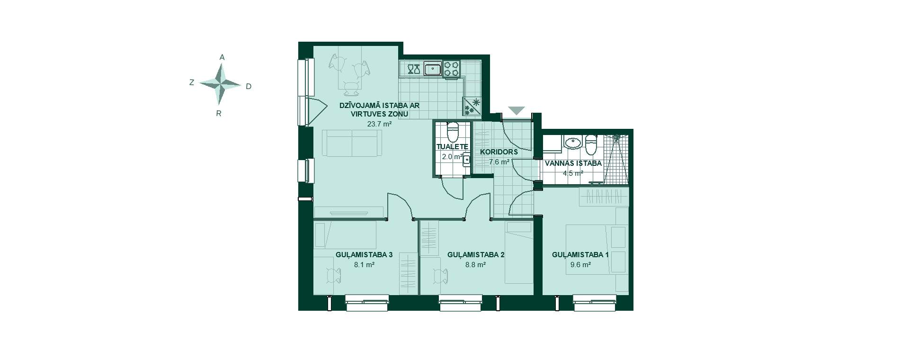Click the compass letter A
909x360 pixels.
click(222, 57)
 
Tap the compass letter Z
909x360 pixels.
click(192, 82)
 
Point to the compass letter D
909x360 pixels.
click(249, 86)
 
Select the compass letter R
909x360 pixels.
click(219, 114)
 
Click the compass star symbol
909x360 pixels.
click(220, 84)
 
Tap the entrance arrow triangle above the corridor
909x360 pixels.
click(517, 111)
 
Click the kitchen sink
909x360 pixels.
click(433, 69)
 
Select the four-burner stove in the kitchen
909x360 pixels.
click(452, 69)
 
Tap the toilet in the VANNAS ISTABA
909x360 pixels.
click(591, 144)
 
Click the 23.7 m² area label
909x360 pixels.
click(379, 124)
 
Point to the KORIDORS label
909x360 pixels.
click(499, 153)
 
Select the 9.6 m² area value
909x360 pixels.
click(580, 265)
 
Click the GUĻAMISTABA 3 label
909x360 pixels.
click(364, 255)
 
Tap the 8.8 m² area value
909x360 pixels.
click(476, 265)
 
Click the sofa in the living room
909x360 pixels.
click(352, 143)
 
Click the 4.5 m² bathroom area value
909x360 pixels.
click(573, 173)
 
